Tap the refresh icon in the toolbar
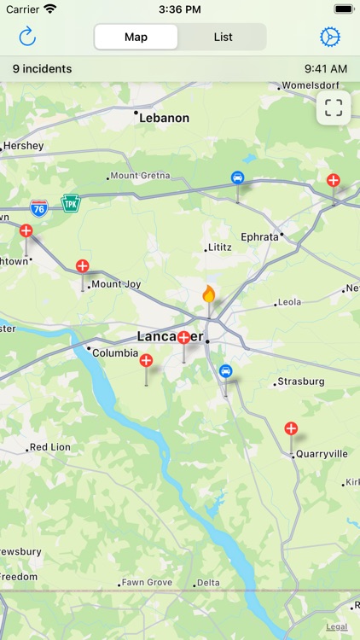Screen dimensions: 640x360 coord(27,37)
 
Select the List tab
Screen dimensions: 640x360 coord(223,37)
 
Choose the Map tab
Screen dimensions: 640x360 coord(136,37)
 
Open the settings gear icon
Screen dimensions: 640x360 coord(329,37)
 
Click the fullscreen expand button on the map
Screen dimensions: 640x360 coord(334,108)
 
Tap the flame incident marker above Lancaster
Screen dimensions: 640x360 coord(208,294)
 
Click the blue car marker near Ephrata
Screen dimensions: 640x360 coord(237,177)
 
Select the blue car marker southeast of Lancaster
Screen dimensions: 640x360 coord(225,371)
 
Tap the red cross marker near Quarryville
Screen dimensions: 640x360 coord(291,428)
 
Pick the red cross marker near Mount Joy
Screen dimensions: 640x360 coord(83,265)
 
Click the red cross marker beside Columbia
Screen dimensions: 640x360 coord(146,361)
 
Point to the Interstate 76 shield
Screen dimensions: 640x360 coord(38,207)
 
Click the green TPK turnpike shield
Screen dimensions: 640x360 coord(70,203)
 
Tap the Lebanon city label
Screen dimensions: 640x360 coord(164,118)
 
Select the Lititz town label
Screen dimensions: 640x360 coord(219,247)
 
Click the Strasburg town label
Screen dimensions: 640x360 coord(299,381)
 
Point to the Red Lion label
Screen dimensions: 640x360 coord(49,447)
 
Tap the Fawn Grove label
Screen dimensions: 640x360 coord(147,583)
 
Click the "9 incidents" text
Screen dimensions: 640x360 coord(43,68)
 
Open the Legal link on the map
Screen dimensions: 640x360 coord(336,626)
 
